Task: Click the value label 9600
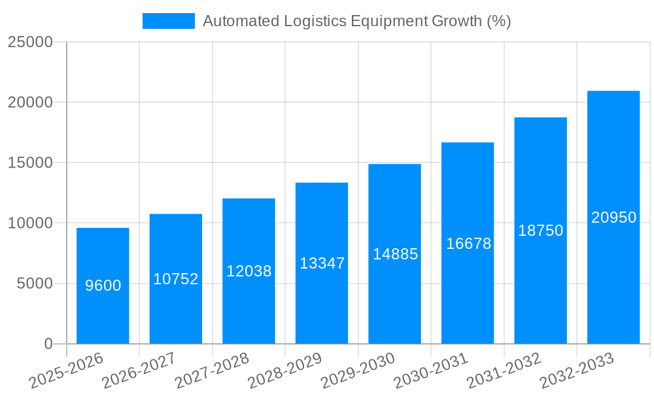point(103,286)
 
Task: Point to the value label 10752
point(176,279)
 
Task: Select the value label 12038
point(249,271)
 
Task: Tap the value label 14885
point(395,254)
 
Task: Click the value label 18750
point(541,231)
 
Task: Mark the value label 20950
point(613,217)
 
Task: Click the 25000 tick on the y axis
point(30,42)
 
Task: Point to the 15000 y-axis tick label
point(30,162)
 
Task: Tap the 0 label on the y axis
point(48,344)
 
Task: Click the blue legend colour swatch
point(169,21)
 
